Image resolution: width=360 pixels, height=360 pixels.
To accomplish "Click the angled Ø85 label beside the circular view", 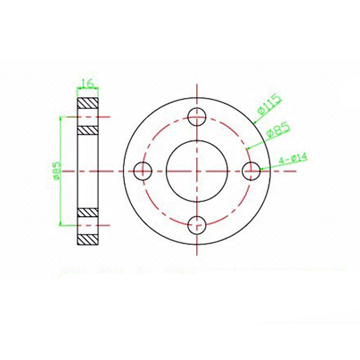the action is coord(278,130).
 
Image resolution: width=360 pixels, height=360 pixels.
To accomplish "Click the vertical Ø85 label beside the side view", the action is coord(57,171).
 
